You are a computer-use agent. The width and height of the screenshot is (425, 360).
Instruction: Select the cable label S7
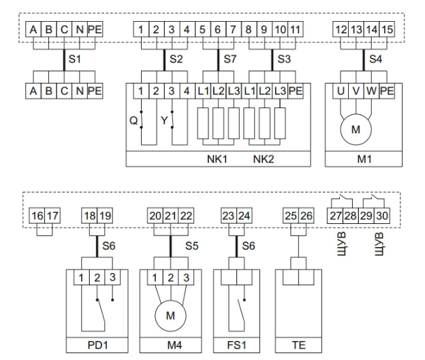[x=232, y=59]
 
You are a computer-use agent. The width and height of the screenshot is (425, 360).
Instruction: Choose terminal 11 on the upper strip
[x=294, y=31]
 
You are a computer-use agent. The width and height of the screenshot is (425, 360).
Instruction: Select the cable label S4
[x=377, y=59]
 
